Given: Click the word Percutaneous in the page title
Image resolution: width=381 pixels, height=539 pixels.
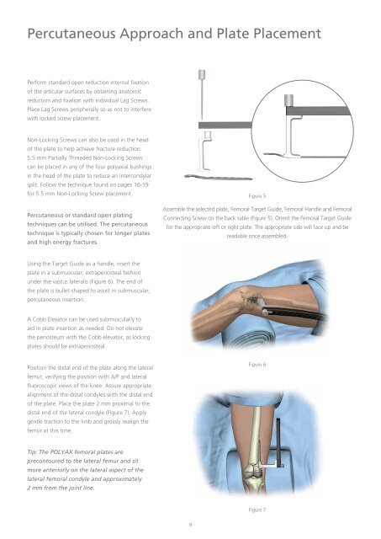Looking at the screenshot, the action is [71, 34].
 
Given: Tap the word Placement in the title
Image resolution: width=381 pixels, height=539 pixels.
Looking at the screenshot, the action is [288, 34].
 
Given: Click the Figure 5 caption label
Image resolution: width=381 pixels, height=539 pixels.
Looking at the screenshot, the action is [257, 196].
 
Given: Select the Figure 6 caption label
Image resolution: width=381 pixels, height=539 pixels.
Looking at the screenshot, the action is [257, 365].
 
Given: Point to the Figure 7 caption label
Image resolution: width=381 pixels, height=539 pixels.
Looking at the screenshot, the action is [257, 510].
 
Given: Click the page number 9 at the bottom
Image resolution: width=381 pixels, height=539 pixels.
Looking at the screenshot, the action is [190, 525].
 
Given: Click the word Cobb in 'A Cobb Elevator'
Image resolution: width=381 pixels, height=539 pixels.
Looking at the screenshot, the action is [39, 319].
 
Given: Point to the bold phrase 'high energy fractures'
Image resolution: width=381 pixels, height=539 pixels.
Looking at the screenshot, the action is [68, 242].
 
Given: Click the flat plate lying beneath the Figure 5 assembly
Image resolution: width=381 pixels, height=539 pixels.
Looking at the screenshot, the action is [219, 178].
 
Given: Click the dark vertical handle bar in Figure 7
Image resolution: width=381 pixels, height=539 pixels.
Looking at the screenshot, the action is [278, 442].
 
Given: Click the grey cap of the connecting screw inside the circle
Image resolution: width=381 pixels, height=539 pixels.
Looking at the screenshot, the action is [288, 100].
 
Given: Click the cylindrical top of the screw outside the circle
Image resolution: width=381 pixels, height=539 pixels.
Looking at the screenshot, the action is [202, 74].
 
